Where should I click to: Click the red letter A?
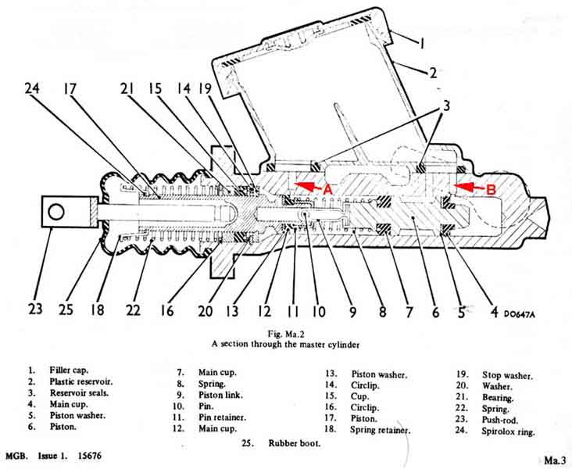click(327, 188)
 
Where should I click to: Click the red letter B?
click(491, 188)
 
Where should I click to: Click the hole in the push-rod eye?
click(55, 211)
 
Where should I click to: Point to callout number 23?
click(35, 309)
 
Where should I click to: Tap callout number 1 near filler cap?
click(420, 45)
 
